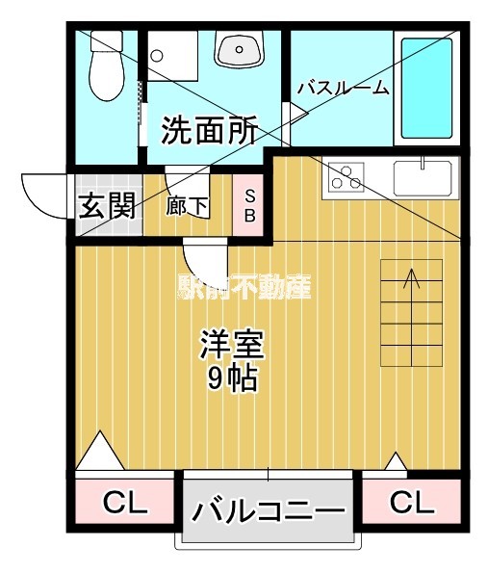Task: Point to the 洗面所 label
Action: point(209,131)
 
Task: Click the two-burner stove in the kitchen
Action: point(345,177)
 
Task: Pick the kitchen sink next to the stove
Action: point(423,177)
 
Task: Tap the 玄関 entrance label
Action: point(106,206)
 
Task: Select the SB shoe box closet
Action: point(248,205)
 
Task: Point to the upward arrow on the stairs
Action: point(412,279)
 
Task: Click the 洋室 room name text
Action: point(231,344)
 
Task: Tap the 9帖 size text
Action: point(231,378)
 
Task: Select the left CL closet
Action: point(124,502)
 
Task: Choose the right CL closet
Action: point(411,502)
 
